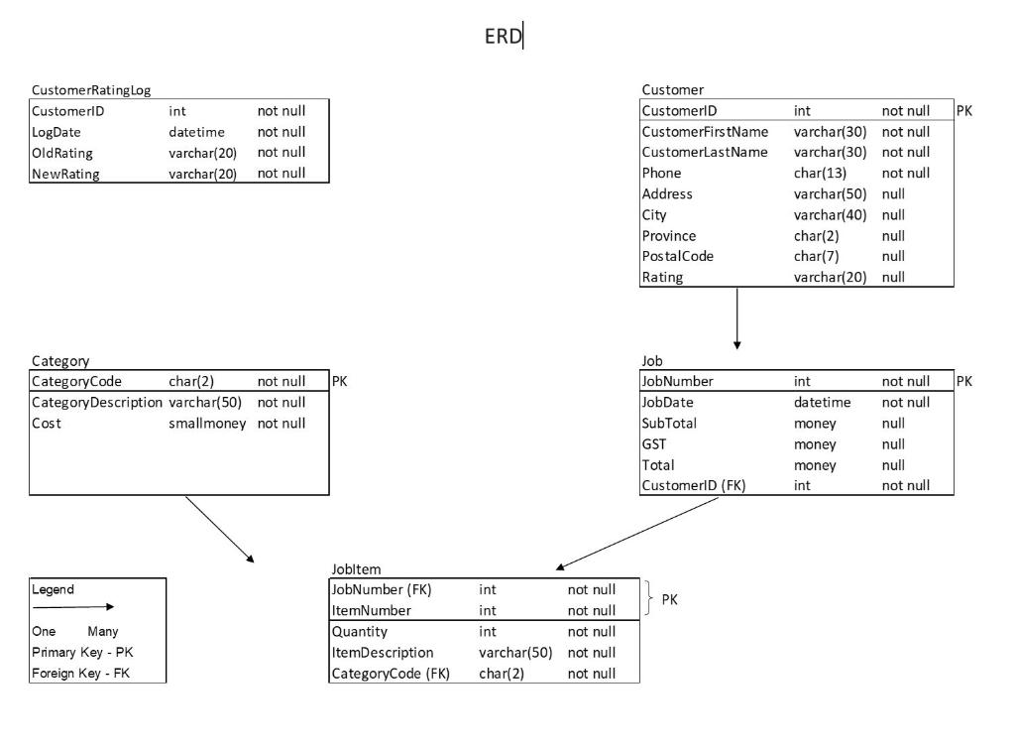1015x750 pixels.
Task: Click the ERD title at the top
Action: coord(503,37)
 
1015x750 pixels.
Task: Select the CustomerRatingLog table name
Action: coord(91,90)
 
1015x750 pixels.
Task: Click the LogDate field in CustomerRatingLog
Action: coord(56,132)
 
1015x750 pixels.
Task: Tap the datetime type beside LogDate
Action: coord(197,132)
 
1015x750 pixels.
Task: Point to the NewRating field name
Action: coord(65,174)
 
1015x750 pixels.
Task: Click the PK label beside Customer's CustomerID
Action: coord(963,111)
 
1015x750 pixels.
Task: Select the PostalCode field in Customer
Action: coord(677,257)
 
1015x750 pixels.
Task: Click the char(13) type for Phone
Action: coord(820,174)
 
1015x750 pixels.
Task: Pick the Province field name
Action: coord(669,236)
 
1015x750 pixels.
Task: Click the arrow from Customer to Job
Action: coord(736,318)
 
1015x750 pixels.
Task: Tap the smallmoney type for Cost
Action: coord(207,424)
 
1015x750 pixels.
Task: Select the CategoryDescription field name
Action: coord(97,402)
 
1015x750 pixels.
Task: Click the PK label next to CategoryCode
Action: coord(339,382)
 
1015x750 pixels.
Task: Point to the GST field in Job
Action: coord(654,444)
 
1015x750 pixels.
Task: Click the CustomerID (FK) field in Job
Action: coord(693,486)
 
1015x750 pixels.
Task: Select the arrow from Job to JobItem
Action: coord(637,534)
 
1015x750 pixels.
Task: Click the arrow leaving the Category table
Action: coord(219,529)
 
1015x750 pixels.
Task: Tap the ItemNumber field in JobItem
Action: coord(372,611)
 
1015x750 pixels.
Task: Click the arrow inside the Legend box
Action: coord(73,607)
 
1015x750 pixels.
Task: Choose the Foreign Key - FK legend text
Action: coord(81,674)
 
